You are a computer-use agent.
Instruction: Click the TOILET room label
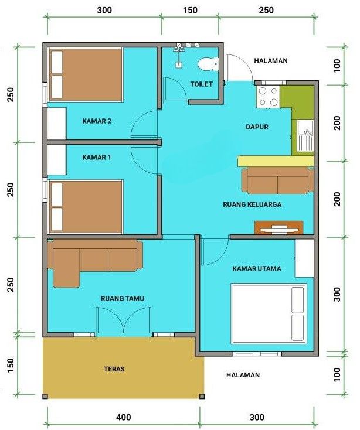tap(201, 84)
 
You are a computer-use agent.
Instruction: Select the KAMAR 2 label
tap(97, 121)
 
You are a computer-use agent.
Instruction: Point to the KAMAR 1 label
tap(97, 157)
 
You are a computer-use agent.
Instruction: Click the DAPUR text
tap(256, 127)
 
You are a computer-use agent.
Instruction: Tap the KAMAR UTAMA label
tap(256, 269)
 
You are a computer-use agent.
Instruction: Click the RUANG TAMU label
tap(122, 298)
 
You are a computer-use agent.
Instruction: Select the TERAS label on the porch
tap(114, 369)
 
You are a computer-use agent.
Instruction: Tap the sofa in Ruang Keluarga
tap(277, 180)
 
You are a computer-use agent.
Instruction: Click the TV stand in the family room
tap(279, 227)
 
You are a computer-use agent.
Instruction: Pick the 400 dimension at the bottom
tap(123, 418)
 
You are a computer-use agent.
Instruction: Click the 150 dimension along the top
tap(190, 10)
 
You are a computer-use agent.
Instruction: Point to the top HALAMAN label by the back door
tap(271, 60)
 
